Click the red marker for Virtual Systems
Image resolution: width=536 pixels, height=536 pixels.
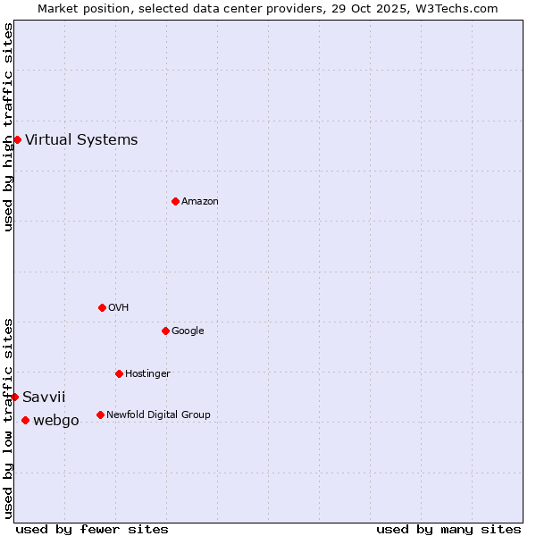click(x=17, y=139)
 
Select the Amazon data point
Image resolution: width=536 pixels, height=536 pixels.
click(x=175, y=201)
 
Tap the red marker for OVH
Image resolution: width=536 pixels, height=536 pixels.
click(x=102, y=307)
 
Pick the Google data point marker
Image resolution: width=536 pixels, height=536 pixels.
click(x=165, y=331)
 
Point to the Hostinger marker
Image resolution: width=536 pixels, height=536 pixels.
click(x=119, y=373)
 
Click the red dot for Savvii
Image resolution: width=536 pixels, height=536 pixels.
click(x=14, y=397)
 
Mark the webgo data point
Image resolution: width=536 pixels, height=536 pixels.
click(x=25, y=420)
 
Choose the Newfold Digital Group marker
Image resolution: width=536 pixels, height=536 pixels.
click(x=100, y=415)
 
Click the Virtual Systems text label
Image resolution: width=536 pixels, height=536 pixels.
click(x=81, y=139)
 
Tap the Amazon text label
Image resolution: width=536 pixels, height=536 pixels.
click(x=200, y=201)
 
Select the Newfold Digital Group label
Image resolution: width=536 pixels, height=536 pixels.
click(x=158, y=415)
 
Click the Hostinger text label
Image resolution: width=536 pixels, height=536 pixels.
click(x=147, y=373)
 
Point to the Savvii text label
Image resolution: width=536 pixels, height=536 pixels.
click(x=44, y=397)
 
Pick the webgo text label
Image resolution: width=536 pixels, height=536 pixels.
click(x=56, y=420)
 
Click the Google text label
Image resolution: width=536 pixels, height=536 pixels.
click(x=188, y=331)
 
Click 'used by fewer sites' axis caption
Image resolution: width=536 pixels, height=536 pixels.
click(x=92, y=529)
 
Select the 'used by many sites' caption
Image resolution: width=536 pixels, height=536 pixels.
click(x=448, y=529)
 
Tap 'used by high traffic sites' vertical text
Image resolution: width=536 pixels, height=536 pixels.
click(x=8, y=127)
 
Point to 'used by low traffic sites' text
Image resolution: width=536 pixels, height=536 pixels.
click(x=8, y=417)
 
